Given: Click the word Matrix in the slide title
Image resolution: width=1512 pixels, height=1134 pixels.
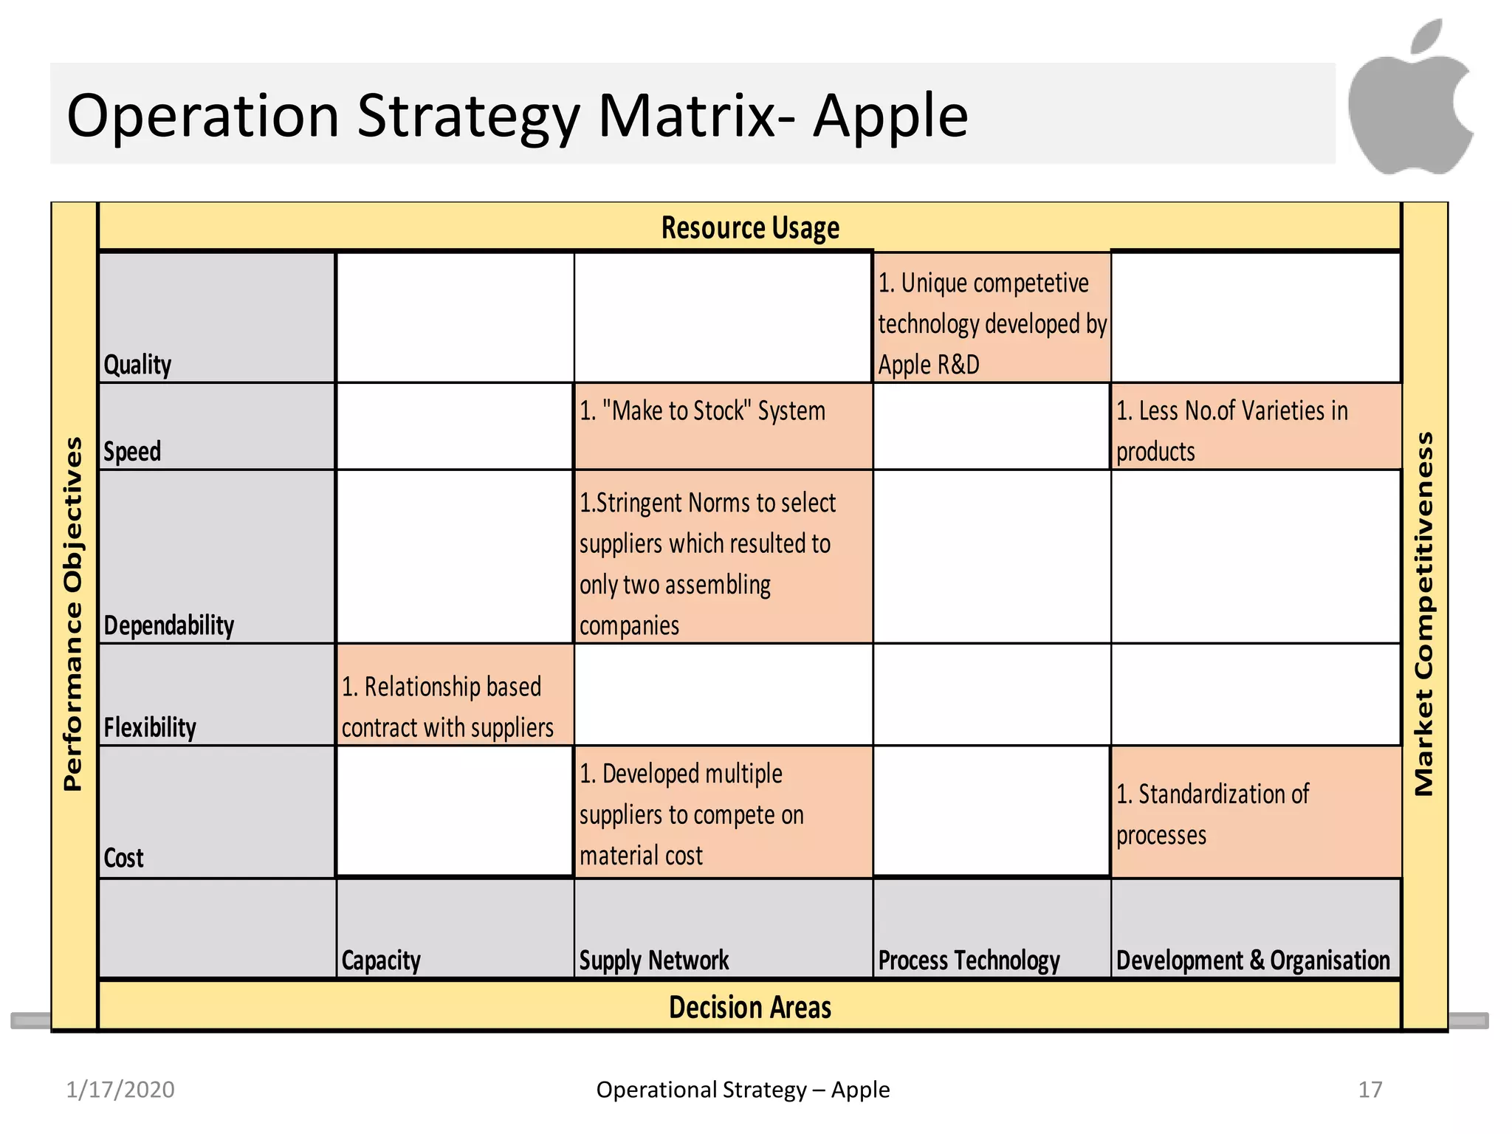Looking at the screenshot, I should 687,116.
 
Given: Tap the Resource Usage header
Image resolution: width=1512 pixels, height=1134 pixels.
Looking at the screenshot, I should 750,228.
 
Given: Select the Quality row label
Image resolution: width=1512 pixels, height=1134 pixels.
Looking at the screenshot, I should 137,365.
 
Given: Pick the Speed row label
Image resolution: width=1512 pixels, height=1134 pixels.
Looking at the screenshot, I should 132,451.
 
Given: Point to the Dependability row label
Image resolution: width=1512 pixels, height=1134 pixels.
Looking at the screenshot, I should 168,625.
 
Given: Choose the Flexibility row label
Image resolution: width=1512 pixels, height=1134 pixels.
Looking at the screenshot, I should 150,727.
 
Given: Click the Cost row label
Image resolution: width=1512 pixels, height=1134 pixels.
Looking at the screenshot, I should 123,858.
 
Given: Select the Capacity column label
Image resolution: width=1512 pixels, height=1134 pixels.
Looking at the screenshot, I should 381,961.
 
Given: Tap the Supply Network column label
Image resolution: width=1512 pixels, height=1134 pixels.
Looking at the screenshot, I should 653,961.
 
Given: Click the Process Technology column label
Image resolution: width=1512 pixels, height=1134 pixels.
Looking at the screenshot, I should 969,961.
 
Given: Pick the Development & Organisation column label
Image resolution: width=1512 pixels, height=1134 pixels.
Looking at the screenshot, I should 1253,961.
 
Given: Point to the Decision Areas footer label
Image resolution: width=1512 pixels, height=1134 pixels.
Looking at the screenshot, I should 750,1008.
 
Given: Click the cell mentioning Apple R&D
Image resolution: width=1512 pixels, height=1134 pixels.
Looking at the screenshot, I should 992,323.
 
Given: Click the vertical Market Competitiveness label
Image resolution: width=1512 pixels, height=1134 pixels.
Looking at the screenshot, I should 1423,613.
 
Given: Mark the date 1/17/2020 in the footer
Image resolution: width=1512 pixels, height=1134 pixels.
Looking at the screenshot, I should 120,1090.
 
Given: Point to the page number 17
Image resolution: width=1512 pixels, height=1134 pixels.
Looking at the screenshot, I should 1370,1090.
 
